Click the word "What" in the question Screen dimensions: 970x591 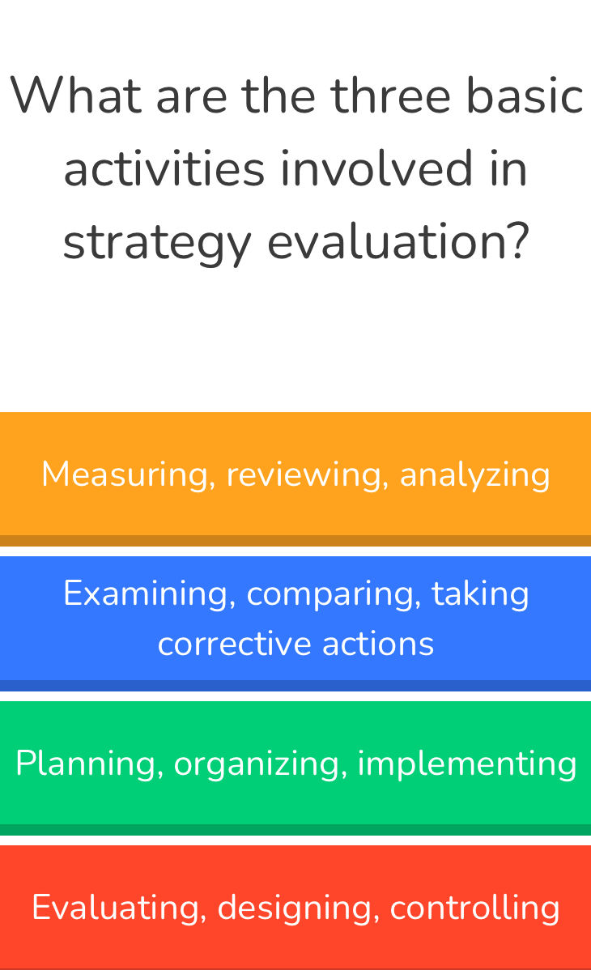click(x=76, y=96)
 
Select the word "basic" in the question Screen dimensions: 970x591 click(x=525, y=96)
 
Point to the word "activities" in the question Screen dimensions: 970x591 click(x=164, y=169)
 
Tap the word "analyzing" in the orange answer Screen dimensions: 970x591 click(x=474, y=474)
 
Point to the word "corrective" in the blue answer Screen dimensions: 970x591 click(x=235, y=644)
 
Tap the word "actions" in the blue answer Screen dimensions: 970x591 click(x=378, y=644)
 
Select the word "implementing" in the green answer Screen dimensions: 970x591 click(x=467, y=764)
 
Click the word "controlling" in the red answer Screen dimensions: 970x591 click(x=474, y=908)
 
